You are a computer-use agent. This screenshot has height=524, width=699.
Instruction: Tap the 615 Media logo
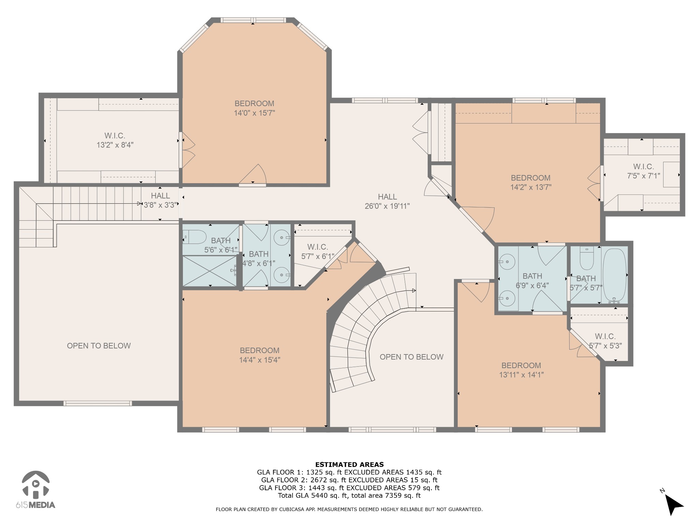tap(35, 490)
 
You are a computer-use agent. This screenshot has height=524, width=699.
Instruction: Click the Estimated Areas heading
tap(349, 464)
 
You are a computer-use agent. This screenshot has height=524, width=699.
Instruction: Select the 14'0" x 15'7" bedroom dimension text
tap(254, 113)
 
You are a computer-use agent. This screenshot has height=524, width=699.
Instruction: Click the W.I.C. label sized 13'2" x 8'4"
tap(115, 140)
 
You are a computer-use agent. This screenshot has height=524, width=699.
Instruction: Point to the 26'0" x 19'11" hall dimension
tap(387, 206)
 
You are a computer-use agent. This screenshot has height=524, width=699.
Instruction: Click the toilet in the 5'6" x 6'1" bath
tap(195, 237)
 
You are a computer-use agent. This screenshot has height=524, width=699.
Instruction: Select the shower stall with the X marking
tap(210, 271)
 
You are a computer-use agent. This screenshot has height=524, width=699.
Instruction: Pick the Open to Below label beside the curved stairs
tap(411, 357)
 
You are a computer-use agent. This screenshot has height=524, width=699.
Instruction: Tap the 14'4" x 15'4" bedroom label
tap(259, 355)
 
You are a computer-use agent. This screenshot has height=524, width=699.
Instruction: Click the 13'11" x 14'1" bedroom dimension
tap(521, 375)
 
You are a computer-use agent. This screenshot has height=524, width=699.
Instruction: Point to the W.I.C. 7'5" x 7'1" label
tap(643, 171)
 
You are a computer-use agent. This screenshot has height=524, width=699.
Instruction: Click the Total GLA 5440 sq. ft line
tap(349, 495)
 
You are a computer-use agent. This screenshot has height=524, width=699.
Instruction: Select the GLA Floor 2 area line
tap(349, 480)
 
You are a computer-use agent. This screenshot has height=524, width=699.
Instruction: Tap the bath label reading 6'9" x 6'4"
tap(532, 281)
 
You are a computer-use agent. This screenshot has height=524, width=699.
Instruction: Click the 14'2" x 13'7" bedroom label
tap(530, 183)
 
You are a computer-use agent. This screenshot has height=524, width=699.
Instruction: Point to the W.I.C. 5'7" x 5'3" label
tap(605, 341)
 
